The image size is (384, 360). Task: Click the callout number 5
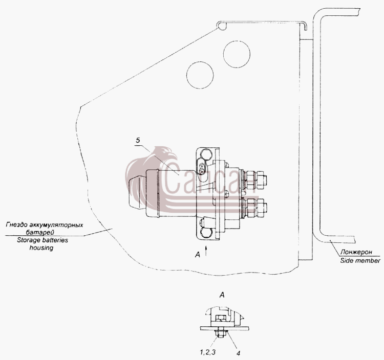(x=138, y=141)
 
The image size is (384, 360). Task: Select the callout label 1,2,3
(x=207, y=352)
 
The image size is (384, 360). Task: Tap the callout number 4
(x=238, y=353)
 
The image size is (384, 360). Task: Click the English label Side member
(x=360, y=260)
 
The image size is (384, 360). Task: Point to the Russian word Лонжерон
(x=356, y=252)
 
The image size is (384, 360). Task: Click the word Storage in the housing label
(x=27, y=240)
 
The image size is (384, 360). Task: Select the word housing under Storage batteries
(x=41, y=247)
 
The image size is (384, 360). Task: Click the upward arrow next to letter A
(x=206, y=251)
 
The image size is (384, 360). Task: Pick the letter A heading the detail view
(x=222, y=295)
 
